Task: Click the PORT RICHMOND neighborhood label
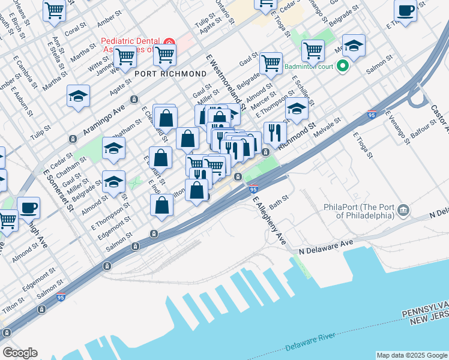tap(170, 74)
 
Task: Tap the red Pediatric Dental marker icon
tap(170, 45)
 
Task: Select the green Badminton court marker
tap(343, 66)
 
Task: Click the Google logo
tap(20, 353)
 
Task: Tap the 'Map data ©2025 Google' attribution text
tap(412, 355)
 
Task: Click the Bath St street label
tap(279, 201)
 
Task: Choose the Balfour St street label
tap(424, 127)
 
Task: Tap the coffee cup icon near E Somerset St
tap(28, 207)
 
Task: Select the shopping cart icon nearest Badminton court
tap(313, 50)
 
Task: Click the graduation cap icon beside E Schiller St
tap(297, 108)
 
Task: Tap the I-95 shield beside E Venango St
tap(372, 113)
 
